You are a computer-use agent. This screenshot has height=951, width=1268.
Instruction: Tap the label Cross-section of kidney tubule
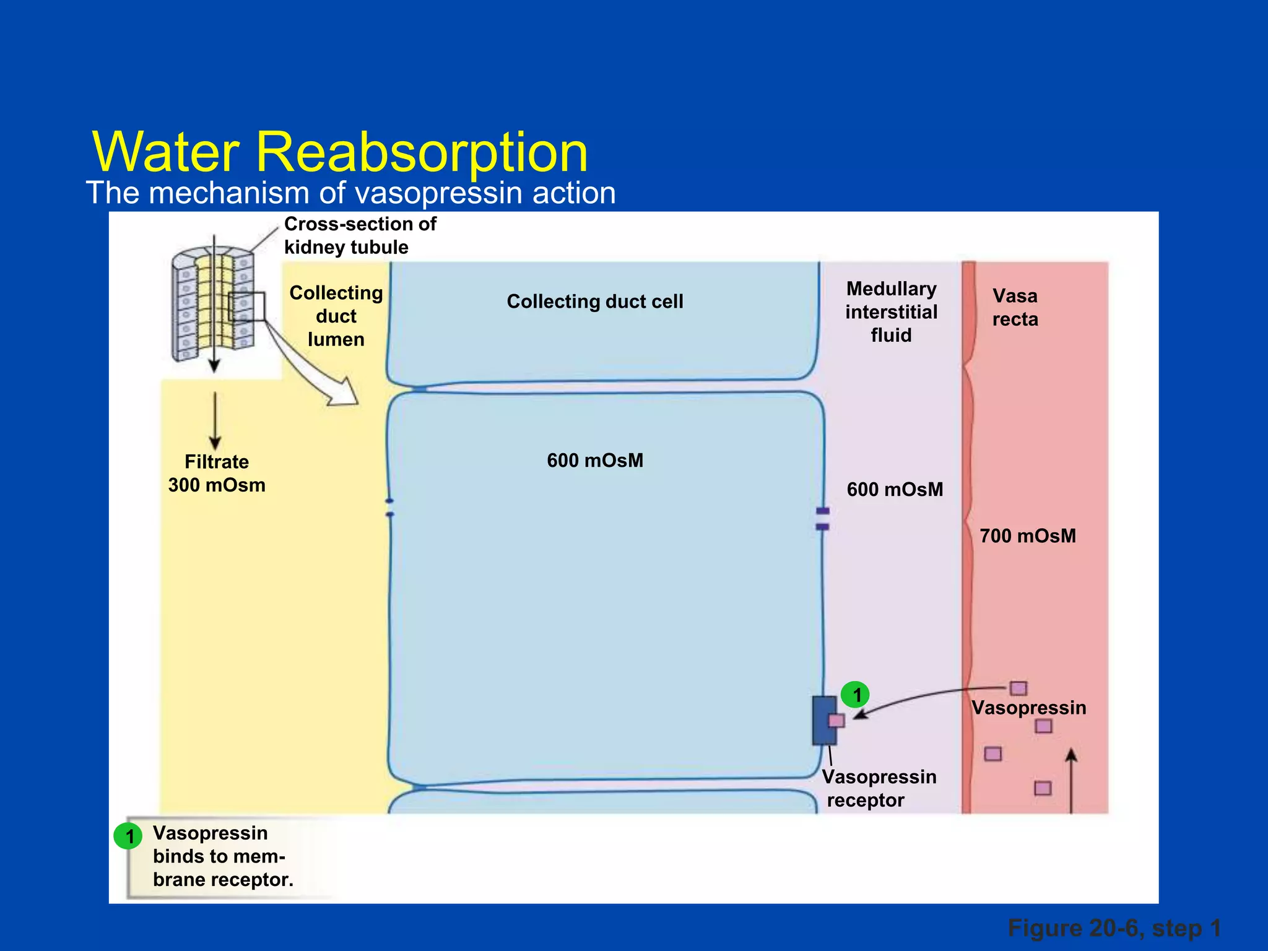[x=360, y=235]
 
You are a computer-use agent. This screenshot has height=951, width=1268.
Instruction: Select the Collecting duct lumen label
[x=336, y=316]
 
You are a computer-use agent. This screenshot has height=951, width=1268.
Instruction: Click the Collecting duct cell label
[x=594, y=302]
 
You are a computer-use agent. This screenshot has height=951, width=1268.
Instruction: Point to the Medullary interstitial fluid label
[x=891, y=312]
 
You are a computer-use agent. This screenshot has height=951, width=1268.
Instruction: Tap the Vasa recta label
[x=1015, y=308]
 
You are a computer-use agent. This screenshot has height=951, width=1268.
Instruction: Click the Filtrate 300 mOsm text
[x=217, y=474]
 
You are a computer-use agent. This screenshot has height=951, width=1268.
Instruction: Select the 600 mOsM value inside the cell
[x=594, y=461]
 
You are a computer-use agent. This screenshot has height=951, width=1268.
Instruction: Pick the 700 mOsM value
[x=1027, y=536]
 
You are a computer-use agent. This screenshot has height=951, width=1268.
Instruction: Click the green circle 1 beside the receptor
[x=855, y=695]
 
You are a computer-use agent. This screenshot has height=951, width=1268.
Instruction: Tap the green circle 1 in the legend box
[x=129, y=836]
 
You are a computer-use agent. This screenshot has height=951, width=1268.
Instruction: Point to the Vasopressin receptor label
[x=878, y=789]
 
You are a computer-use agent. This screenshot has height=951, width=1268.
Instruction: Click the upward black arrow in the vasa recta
[x=1071, y=780]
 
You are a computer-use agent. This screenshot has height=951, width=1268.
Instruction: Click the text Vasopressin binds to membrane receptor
[x=222, y=857]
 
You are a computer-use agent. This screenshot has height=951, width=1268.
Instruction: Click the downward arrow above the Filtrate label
[x=215, y=421]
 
